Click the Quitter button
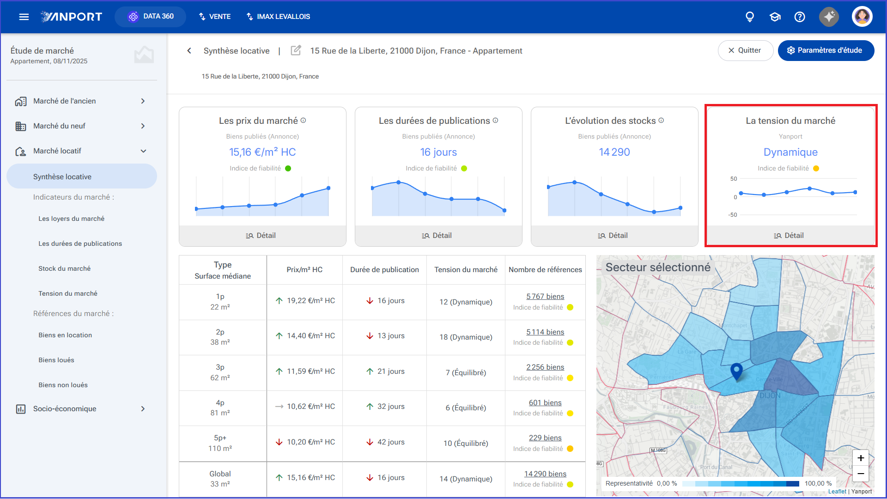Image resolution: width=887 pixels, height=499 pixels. tap(745, 50)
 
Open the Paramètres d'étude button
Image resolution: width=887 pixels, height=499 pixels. tap(826, 50)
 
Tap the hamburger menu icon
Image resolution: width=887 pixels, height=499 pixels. tap(24, 17)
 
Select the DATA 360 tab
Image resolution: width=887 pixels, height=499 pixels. tap(151, 17)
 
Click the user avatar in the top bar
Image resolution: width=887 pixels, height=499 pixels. tap(862, 17)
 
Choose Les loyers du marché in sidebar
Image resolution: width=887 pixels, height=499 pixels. tap(71, 219)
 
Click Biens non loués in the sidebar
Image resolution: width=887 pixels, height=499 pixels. tap(63, 385)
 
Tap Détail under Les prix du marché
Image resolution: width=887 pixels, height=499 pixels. tap(261, 236)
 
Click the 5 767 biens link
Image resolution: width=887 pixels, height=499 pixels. tap(545, 297)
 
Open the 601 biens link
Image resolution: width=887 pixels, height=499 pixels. tap(545, 403)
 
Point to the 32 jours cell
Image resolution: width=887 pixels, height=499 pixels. tap(385, 407)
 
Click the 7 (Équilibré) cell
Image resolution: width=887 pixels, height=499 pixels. tap(466, 373)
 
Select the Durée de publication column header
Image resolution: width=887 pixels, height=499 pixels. tap(384, 270)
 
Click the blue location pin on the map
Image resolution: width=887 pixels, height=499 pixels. tap(736, 371)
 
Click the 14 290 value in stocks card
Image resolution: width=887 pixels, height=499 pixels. tap(614, 152)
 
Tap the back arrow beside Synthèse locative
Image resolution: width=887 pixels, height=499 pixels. tap(189, 51)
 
